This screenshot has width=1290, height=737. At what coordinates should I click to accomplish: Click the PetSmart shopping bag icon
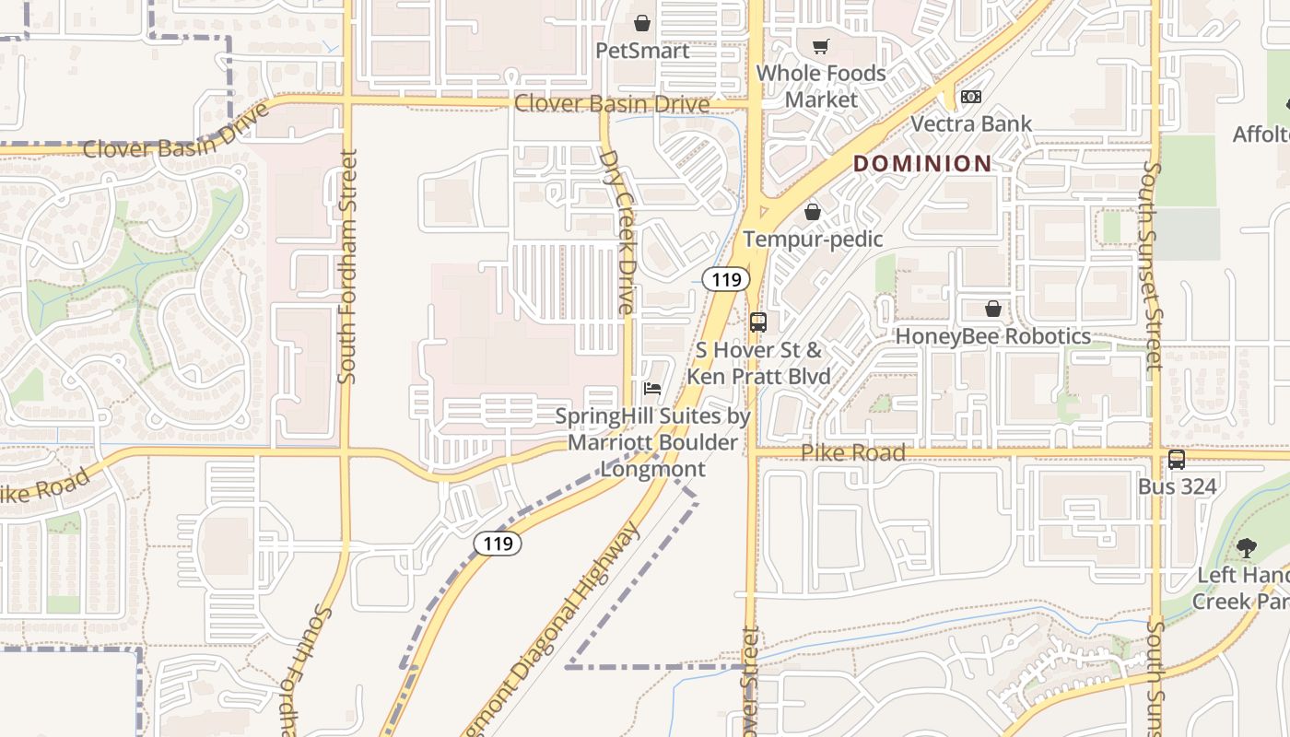point(642,23)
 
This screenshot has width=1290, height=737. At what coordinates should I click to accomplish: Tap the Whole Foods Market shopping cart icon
point(820,46)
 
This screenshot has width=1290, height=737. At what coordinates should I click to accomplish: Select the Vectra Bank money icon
point(971,97)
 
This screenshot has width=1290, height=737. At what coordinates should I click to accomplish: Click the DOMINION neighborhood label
point(922,164)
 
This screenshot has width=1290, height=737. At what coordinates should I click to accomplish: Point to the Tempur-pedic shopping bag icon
point(813,213)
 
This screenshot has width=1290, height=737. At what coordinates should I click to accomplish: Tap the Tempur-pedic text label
point(813,240)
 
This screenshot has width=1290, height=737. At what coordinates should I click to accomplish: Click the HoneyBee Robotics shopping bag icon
point(993,309)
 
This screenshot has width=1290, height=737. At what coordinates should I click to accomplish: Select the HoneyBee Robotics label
point(993,336)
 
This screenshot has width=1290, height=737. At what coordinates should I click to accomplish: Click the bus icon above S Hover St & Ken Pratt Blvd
point(758,322)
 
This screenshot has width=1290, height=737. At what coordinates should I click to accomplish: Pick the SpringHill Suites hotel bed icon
point(652,389)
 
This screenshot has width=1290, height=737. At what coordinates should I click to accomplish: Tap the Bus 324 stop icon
point(1177,460)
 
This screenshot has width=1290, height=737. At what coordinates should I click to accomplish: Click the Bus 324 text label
point(1177,486)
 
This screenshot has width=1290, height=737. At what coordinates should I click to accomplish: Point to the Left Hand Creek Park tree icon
point(1247,548)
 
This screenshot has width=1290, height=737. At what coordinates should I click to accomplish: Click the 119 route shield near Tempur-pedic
point(726,279)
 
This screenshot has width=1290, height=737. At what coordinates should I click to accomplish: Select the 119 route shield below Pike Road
point(498,544)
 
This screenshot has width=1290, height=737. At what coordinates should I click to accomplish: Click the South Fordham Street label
point(347,267)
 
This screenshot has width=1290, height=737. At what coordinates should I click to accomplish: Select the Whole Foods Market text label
point(821,86)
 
